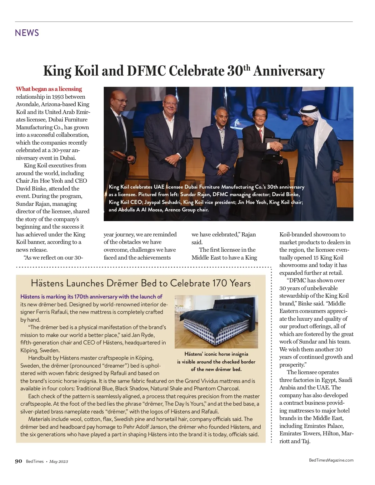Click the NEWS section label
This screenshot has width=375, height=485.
[x=27, y=33]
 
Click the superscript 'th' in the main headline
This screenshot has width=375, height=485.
[x=247, y=68]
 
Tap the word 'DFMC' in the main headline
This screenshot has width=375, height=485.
[x=146, y=71]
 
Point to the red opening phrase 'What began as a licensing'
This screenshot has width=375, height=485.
[x=49, y=89]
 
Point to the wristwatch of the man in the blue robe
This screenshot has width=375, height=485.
[x=337, y=171]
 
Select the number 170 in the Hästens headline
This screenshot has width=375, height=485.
[x=220, y=283]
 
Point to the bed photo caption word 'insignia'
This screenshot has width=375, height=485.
[x=237, y=354]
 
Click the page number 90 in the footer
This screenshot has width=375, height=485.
[x=18, y=461]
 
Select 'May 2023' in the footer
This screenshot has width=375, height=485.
[x=58, y=462]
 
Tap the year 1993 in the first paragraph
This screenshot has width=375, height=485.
[x=57, y=97]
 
